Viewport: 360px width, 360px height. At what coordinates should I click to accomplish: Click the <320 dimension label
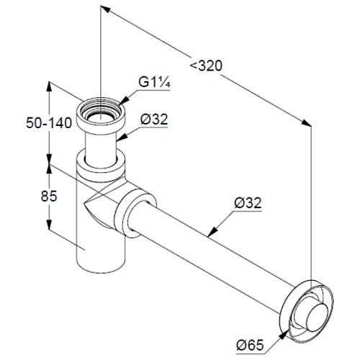pyautogui.click(x=206, y=66)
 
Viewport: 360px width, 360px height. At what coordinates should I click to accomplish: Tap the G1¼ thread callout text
pyautogui.click(x=154, y=83)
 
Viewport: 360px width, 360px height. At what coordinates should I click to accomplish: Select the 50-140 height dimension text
pyautogui.click(x=49, y=123)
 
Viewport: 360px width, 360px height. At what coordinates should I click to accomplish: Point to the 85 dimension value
pyautogui.click(x=49, y=196)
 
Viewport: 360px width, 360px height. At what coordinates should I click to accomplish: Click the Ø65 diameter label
pyautogui.click(x=250, y=346)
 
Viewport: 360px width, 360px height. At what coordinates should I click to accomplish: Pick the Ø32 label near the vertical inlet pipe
pyautogui.click(x=154, y=120)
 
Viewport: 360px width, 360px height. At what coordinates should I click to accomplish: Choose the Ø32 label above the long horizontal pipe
pyautogui.click(x=248, y=203)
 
